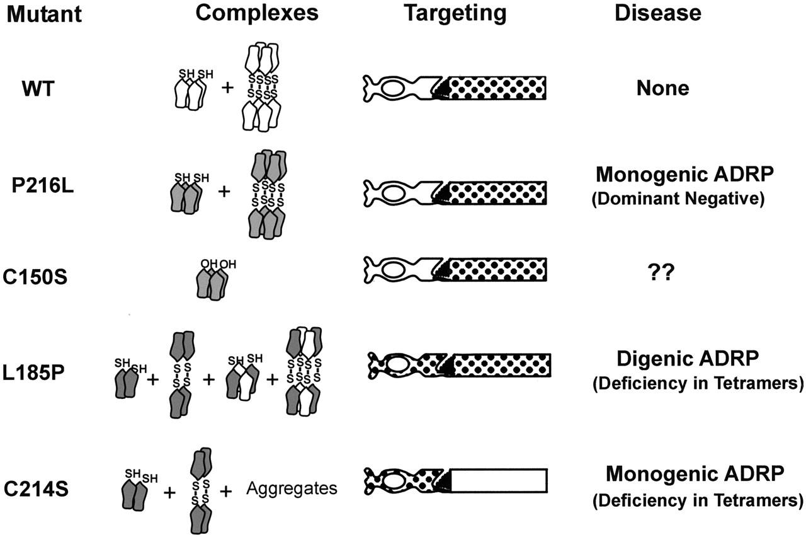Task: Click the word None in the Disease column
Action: pos(662,88)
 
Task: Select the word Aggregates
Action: pos(292,488)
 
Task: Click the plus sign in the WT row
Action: pos(225,88)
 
